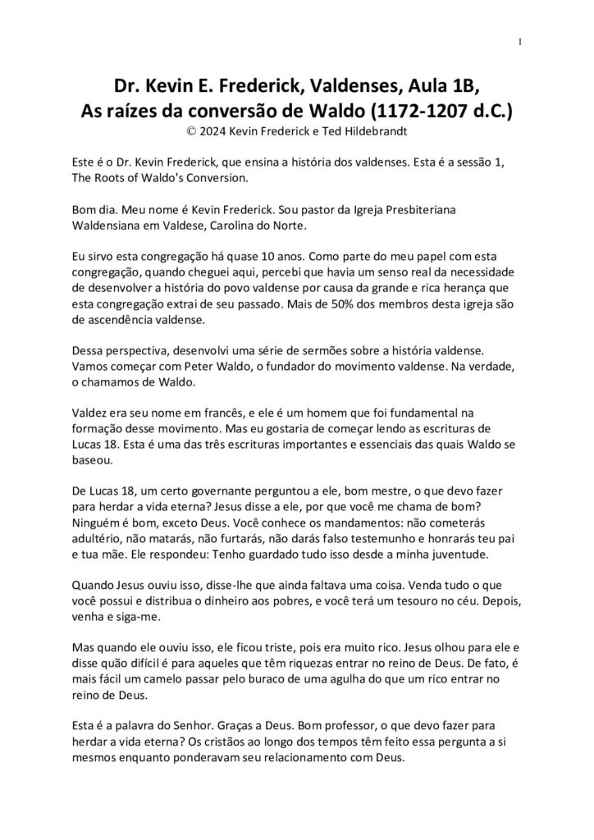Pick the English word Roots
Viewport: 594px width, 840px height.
112,176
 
